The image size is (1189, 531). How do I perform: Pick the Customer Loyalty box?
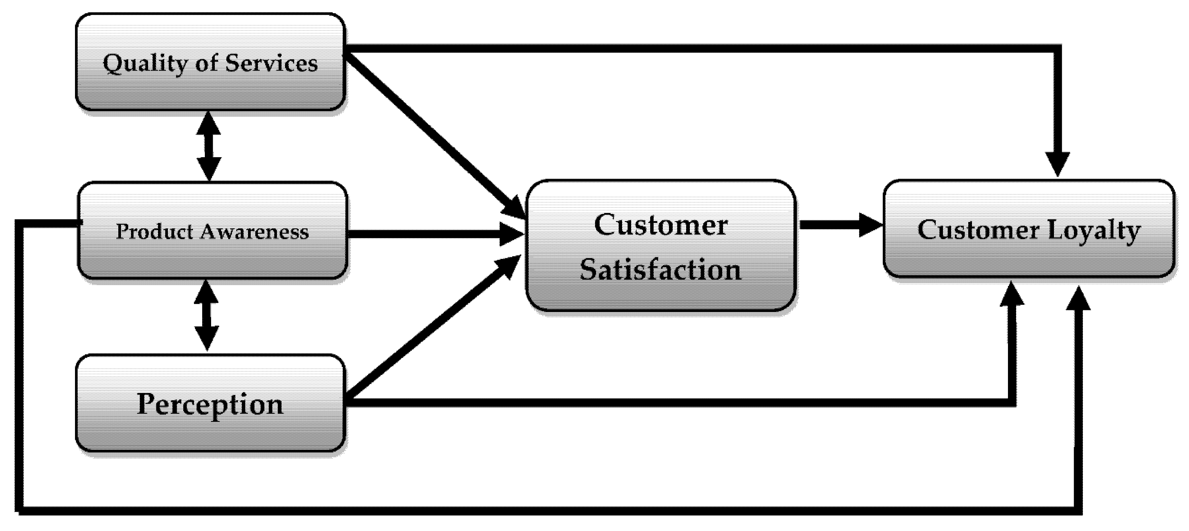point(1029,258)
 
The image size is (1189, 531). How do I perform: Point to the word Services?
point(272,63)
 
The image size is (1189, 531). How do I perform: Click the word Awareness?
point(255,231)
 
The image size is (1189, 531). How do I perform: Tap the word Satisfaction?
point(660,269)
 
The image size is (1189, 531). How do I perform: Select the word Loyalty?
point(1094,230)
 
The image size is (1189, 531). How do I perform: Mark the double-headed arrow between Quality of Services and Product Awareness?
point(209,146)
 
